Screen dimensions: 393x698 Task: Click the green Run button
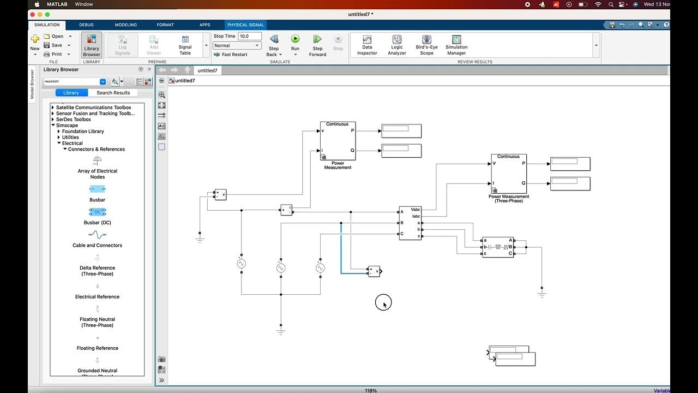(295, 39)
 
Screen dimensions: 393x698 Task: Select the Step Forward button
(317, 39)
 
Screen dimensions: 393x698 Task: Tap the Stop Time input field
(250, 36)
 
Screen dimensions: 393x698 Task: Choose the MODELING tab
(126, 25)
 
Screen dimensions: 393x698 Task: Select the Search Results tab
(113, 93)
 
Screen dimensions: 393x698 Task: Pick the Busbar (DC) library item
(98, 212)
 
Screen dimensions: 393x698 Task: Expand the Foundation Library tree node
(59, 132)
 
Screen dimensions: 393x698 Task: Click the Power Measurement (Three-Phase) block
(509, 174)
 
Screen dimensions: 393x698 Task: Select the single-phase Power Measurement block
(338, 141)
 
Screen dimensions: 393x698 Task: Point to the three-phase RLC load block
(498, 247)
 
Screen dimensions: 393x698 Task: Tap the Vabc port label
(416, 210)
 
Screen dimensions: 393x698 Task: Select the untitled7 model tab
(207, 70)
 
